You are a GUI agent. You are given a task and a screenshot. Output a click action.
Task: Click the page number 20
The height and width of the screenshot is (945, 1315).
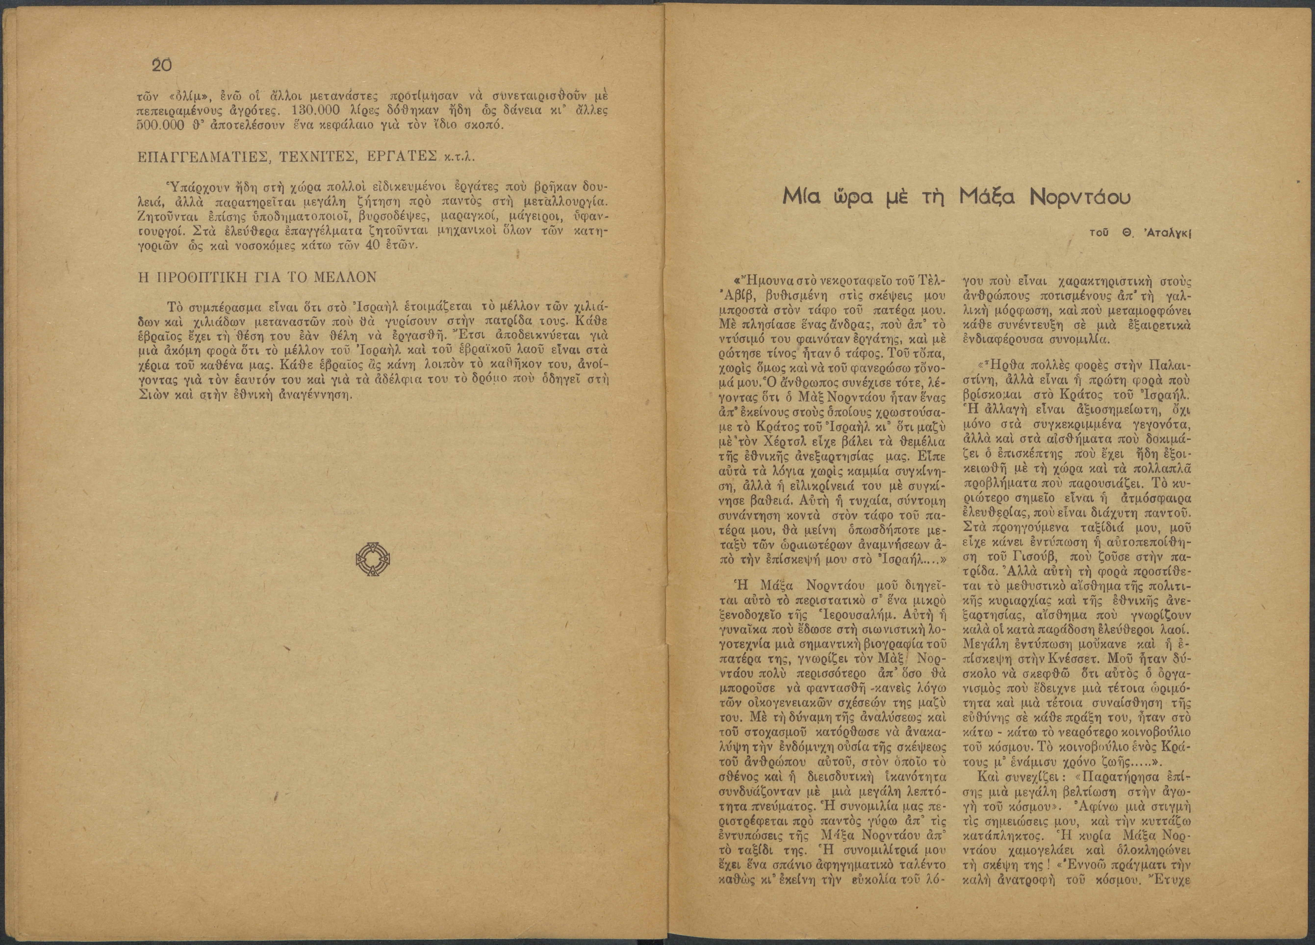click(161, 65)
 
